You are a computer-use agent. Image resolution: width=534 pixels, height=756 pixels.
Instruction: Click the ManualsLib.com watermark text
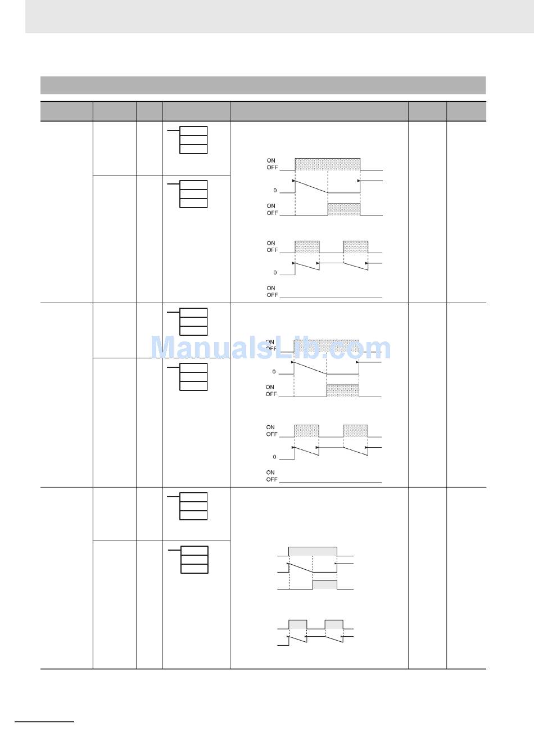pyautogui.click(x=270, y=348)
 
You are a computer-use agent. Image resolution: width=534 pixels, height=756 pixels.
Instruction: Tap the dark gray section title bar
pyautogui.click(x=263, y=85)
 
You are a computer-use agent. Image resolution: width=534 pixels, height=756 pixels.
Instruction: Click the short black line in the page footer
pyautogui.click(x=44, y=721)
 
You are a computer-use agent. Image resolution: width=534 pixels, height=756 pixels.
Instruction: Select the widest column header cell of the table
pyautogui.click(x=319, y=111)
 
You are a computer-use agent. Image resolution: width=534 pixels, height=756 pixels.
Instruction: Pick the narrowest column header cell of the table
pyautogui.click(x=149, y=111)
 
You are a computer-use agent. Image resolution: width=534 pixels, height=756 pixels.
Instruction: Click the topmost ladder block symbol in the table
pyautogui.click(x=193, y=140)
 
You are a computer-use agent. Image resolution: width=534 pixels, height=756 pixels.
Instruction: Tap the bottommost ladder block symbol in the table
pyautogui.click(x=194, y=560)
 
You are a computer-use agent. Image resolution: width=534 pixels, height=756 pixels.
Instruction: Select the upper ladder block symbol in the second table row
pyautogui.click(x=193, y=322)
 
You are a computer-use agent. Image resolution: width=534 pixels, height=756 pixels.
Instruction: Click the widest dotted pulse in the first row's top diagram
pyautogui.click(x=327, y=164)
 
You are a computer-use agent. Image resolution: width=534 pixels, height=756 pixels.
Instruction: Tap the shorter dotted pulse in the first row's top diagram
pyautogui.click(x=343, y=209)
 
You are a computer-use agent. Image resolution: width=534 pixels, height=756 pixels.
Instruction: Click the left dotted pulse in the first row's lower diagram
pyautogui.click(x=307, y=247)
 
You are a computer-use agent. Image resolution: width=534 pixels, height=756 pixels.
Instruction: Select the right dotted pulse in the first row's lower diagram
pyautogui.click(x=355, y=247)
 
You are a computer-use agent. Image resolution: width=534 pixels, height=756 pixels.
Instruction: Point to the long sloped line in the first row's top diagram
pyautogui.click(x=311, y=187)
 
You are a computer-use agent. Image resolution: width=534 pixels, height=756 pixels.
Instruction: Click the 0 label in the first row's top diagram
pyautogui.click(x=275, y=191)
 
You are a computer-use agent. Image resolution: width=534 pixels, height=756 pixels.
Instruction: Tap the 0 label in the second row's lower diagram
pyautogui.click(x=274, y=457)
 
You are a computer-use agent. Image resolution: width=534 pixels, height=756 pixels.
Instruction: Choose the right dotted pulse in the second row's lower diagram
pyautogui.click(x=355, y=431)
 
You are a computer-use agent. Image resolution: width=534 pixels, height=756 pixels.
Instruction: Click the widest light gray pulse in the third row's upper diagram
pyautogui.click(x=313, y=551)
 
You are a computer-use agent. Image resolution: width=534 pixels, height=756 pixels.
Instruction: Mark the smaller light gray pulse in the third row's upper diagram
pyautogui.click(x=324, y=584)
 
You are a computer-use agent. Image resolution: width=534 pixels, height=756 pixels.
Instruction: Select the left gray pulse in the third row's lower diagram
pyautogui.click(x=298, y=624)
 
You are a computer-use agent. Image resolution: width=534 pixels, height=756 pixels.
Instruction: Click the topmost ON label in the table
pyautogui.click(x=271, y=161)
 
